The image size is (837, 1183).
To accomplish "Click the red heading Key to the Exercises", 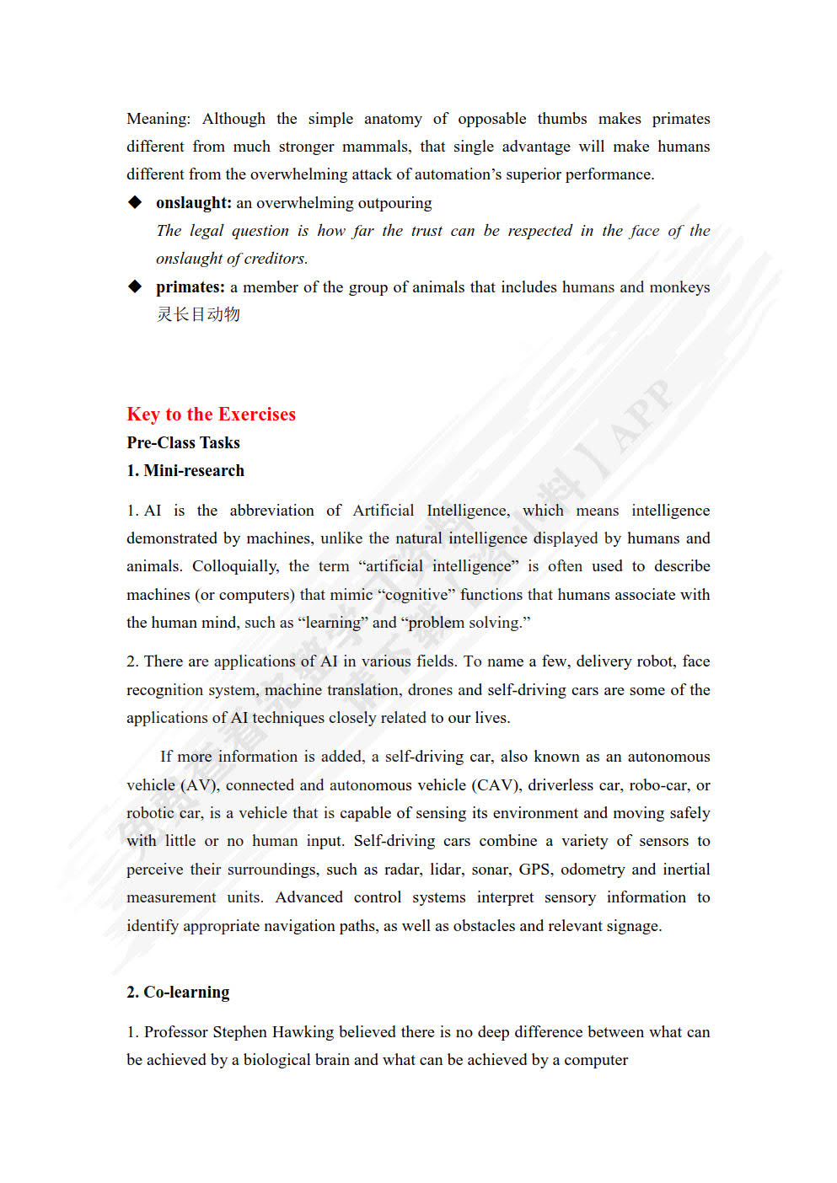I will click(x=211, y=414).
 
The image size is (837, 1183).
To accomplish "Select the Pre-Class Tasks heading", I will click(x=183, y=442).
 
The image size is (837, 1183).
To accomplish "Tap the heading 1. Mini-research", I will click(x=185, y=470).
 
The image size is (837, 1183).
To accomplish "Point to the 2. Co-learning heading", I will click(x=178, y=992).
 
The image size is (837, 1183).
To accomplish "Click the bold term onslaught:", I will click(x=193, y=202).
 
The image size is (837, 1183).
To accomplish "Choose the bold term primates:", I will click(x=190, y=286).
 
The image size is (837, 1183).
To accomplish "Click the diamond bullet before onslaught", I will click(x=135, y=202).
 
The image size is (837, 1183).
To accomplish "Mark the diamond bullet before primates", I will click(x=135, y=286).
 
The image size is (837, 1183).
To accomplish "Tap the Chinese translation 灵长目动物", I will click(x=198, y=314).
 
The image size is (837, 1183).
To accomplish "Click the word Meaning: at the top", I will click(x=158, y=119).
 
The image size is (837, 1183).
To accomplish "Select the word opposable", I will click(x=491, y=119).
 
